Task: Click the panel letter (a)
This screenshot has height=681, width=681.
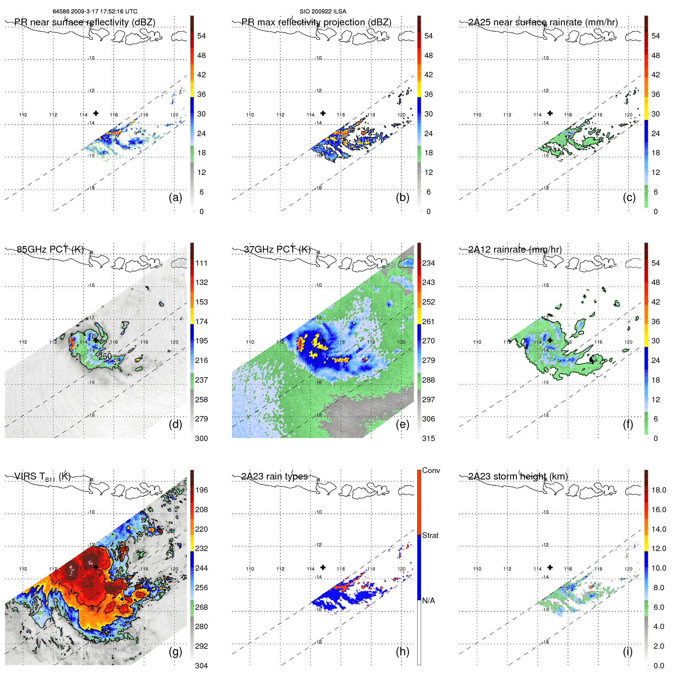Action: [x=175, y=198]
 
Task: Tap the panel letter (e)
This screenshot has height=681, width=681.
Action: [x=402, y=425]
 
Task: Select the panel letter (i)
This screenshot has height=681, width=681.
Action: [x=628, y=651]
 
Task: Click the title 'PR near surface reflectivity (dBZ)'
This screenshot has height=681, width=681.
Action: [x=85, y=22]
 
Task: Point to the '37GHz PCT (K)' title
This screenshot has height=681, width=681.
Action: [x=277, y=250]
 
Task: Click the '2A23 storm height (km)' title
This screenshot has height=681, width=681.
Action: [x=518, y=476]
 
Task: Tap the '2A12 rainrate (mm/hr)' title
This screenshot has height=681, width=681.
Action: [x=515, y=250]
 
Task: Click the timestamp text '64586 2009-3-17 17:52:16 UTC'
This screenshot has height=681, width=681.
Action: [x=95, y=12]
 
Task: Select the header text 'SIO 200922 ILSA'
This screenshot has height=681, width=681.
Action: [x=323, y=12]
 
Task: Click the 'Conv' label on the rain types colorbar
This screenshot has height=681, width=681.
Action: [x=431, y=470]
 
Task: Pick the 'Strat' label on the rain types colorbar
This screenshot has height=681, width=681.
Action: [x=430, y=535]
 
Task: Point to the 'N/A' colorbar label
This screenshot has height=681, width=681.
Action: [x=428, y=601]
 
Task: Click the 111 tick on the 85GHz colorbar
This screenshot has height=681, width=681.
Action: [x=201, y=263]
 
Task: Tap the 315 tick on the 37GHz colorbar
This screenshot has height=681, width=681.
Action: [x=428, y=438]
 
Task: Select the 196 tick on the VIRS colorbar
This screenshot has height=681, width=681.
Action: [x=201, y=490]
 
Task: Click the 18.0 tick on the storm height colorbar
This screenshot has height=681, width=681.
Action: [x=659, y=490]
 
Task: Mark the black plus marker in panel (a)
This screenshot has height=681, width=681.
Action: [x=96, y=113]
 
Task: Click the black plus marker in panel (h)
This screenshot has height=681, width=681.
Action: [x=323, y=567]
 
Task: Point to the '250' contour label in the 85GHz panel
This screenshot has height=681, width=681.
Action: [x=105, y=356]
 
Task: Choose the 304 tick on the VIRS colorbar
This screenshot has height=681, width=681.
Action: [x=201, y=666]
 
